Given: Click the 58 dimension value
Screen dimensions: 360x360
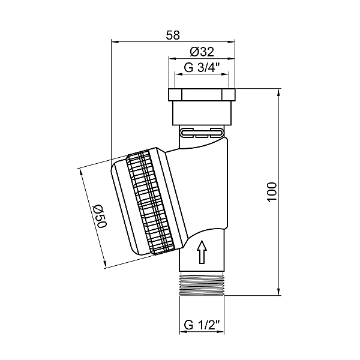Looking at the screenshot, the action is [x=173, y=35].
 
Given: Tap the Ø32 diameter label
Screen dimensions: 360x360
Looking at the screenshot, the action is [x=202, y=52].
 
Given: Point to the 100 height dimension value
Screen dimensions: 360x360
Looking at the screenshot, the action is [x=272, y=192].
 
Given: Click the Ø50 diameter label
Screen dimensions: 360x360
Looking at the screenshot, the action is [x=101, y=216].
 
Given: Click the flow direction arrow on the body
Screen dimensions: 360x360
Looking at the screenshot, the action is [x=202, y=251].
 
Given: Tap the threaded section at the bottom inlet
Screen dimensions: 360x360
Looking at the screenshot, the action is [x=202, y=283].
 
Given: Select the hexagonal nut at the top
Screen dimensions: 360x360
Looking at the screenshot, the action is [x=202, y=95].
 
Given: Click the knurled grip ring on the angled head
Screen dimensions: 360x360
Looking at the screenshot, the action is [x=151, y=203].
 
